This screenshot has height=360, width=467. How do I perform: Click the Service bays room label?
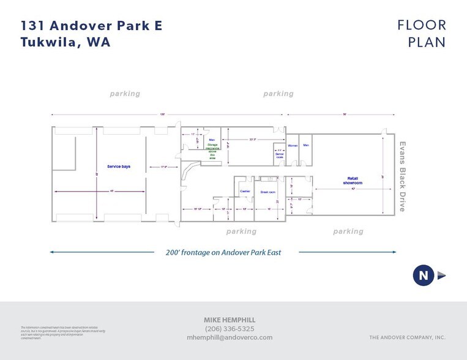pyautogui.click(x=119, y=167)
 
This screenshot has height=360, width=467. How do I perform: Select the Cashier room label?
pyautogui.click(x=245, y=191)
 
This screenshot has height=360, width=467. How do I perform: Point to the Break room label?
pyautogui.click(x=268, y=192)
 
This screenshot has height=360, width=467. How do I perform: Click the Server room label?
pyautogui.click(x=279, y=156)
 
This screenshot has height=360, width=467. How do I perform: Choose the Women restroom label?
pyautogui.click(x=293, y=145)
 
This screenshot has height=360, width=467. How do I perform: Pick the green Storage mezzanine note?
pyautogui.click(x=212, y=149)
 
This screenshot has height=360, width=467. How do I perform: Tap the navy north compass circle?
pyautogui.click(x=423, y=276)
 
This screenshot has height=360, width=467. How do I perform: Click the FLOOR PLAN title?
pyautogui.click(x=422, y=34)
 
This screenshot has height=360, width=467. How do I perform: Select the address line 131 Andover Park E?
pyautogui.click(x=92, y=26)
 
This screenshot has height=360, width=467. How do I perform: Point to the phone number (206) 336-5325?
pyautogui.click(x=230, y=329)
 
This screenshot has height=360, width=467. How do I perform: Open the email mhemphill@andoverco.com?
pyautogui.click(x=230, y=337)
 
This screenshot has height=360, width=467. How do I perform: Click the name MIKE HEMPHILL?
pyautogui.click(x=230, y=320)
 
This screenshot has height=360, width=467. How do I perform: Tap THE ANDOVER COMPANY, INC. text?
pyautogui.click(x=407, y=337)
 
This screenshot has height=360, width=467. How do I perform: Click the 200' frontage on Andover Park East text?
pyautogui.click(x=223, y=252)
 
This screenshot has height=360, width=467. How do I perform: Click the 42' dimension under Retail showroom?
pyautogui.click(x=353, y=189)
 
